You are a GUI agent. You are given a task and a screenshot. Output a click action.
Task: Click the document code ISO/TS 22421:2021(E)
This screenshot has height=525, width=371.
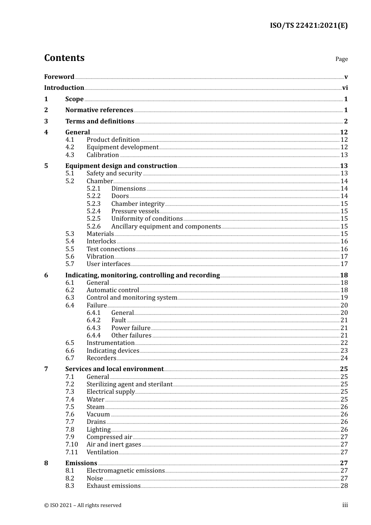point(309,25)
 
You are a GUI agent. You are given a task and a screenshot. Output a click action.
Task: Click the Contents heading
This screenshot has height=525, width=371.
point(64,58)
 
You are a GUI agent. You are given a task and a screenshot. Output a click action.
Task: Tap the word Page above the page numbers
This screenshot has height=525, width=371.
point(341,59)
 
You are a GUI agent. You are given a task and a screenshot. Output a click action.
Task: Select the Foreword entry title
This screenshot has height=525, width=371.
point(59,77)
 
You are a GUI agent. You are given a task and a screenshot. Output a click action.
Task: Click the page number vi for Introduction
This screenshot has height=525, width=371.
point(345,88)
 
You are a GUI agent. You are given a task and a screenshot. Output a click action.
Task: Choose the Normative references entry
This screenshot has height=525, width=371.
point(99,110)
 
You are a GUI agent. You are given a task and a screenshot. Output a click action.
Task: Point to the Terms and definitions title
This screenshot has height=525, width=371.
point(100,121)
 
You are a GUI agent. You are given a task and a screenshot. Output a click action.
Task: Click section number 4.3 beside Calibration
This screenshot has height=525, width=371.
point(70,155)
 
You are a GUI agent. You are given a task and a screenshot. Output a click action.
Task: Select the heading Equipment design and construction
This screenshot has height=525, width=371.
point(121,166)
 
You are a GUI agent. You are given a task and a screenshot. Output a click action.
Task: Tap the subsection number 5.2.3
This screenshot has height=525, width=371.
point(93,204)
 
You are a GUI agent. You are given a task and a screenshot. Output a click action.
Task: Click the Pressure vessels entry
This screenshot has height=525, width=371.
point(135,211)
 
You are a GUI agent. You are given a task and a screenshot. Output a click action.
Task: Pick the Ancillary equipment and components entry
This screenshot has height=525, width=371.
point(166,227)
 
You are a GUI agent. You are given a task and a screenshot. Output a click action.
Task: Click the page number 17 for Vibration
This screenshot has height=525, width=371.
point(344,257)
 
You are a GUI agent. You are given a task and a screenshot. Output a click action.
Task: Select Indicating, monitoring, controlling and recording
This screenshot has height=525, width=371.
point(143,275)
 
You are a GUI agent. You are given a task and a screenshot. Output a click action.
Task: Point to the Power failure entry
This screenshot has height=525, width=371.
point(131,328)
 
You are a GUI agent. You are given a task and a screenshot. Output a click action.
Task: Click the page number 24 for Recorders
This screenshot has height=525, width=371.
point(344,358)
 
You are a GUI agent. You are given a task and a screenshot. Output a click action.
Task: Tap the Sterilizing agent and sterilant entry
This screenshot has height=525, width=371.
point(129,384)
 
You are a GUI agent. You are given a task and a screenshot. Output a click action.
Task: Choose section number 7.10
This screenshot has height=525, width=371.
point(71,445)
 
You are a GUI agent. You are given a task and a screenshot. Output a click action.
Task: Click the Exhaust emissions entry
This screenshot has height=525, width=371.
point(113,486)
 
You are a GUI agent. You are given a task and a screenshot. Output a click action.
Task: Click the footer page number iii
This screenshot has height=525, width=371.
point(345,505)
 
